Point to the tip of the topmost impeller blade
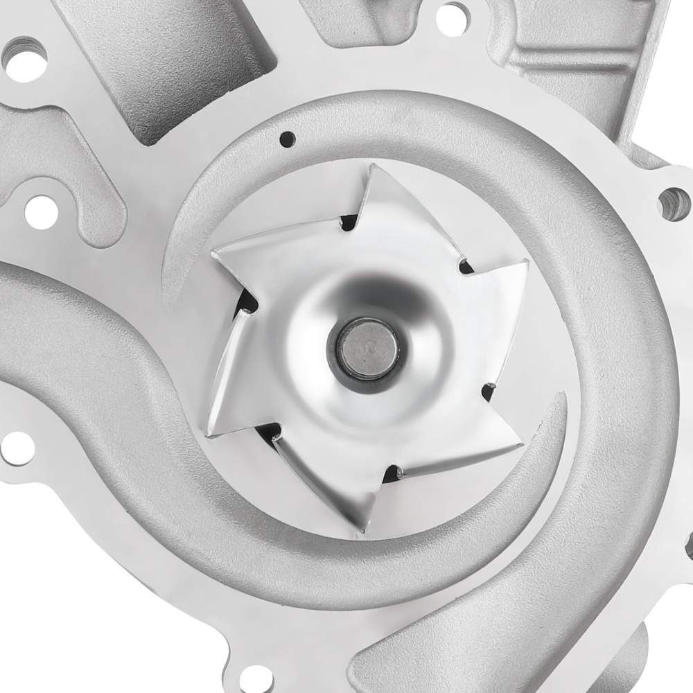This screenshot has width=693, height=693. pyautogui.click(x=372, y=166)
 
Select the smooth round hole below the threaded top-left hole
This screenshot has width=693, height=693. pyautogui.click(x=41, y=211)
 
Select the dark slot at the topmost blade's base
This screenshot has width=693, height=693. pyautogui.click(x=349, y=223)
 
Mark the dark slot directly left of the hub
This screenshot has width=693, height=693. pyautogui.click(x=247, y=302)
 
